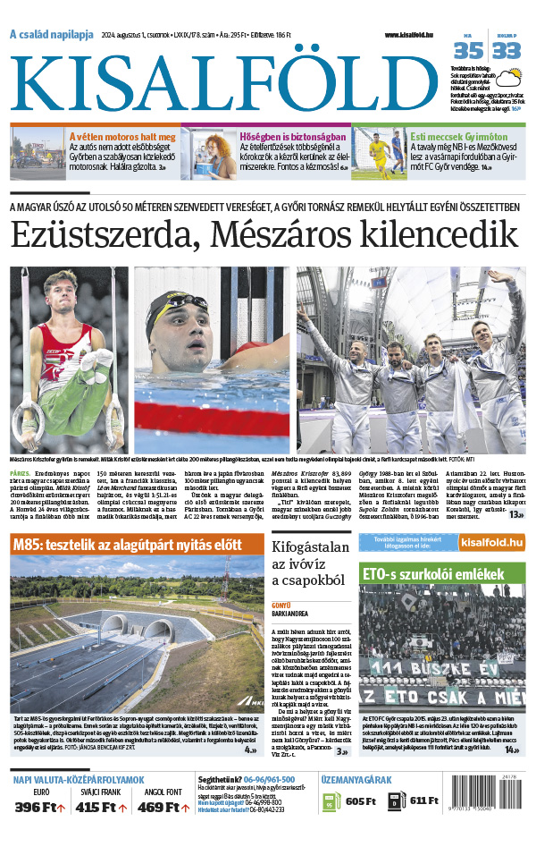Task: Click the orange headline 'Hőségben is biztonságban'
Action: coord(289,137)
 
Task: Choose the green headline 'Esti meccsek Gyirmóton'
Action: coord(458,137)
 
